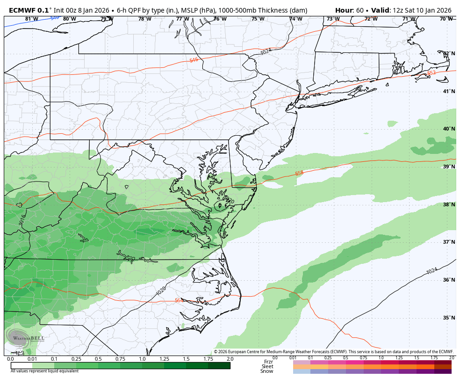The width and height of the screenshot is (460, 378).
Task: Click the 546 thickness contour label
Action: [194, 60]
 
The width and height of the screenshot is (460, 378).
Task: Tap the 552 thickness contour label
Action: [431, 73]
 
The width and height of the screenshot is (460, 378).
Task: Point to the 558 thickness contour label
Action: [299, 174]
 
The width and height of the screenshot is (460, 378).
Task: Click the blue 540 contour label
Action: [55, 18]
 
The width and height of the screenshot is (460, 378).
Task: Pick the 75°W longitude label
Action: [258, 19]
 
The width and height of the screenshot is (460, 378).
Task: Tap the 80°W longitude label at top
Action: [69, 19]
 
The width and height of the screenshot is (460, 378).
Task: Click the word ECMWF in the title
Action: [22, 10]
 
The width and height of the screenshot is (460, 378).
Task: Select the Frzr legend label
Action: [268, 362]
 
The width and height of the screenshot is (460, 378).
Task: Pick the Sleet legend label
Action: [267, 366]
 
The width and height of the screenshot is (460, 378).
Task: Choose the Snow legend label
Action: [267, 371]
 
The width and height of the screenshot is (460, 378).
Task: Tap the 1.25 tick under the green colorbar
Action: [164, 359]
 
